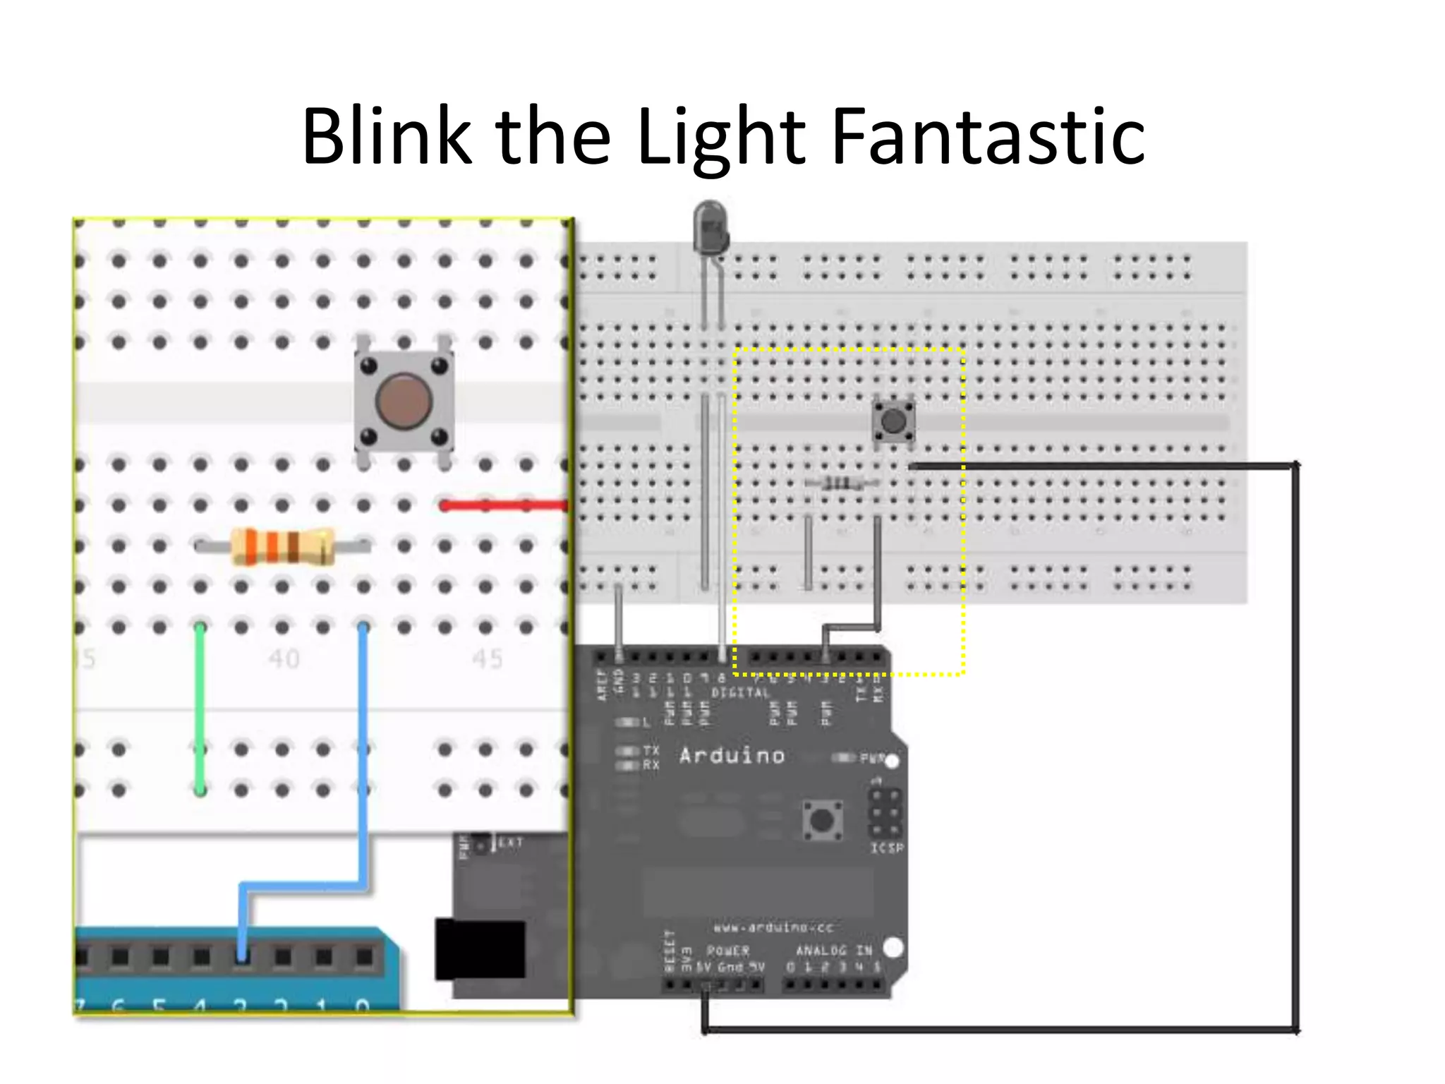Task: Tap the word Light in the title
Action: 720,138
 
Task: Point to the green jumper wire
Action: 200,706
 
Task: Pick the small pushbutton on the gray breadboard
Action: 893,421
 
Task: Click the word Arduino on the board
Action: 732,756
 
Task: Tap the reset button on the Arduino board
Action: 822,820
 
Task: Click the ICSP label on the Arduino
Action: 886,848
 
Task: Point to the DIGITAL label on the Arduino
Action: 739,693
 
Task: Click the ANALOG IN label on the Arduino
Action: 834,951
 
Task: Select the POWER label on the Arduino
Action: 727,951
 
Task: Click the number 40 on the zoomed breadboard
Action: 284,659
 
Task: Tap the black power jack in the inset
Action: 480,949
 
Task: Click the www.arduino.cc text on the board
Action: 773,927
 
